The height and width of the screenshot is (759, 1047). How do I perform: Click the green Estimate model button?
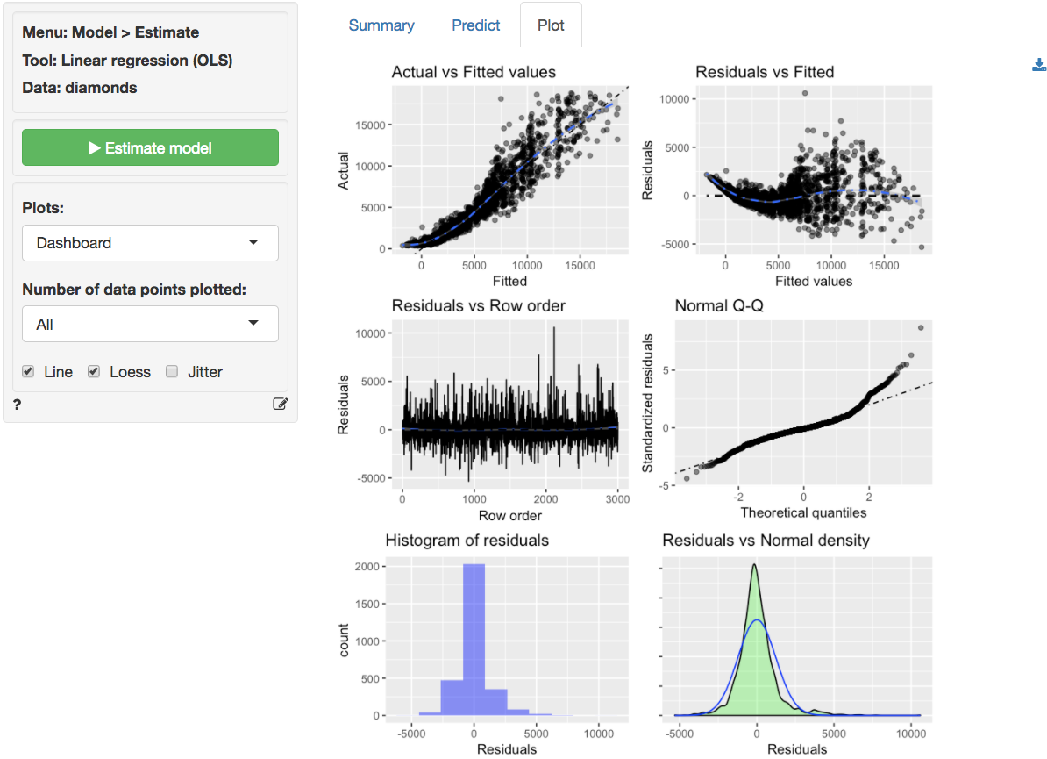tap(150, 148)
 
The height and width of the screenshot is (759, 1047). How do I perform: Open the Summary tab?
tap(381, 25)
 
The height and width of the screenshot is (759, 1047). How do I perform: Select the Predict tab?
tap(476, 25)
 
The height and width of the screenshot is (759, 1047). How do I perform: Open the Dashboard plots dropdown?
tap(150, 243)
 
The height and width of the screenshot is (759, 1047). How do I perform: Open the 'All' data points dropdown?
tap(150, 325)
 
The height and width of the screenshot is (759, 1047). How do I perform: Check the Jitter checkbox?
tap(173, 372)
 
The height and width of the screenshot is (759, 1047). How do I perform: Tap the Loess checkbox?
tap(95, 372)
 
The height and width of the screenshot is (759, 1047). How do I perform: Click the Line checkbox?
tap(29, 372)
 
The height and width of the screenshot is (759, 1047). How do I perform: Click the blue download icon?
tap(1039, 65)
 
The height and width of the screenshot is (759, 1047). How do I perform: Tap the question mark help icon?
tap(18, 405)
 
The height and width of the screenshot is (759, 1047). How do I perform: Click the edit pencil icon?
tap(281, 405)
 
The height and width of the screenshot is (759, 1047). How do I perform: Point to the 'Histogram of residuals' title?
tap(467, 541)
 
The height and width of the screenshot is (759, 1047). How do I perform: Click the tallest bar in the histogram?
tap(474, 641)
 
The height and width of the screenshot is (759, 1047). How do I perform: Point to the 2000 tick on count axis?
tap(368, 567)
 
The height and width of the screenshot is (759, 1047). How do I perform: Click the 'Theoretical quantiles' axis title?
tap(803, 512)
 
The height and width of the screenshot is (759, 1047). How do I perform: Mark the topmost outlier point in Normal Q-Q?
tap(921, 328)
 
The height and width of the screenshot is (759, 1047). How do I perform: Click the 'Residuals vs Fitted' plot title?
tap(765, 72)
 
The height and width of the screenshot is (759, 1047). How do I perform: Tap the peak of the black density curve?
tap(755, 566)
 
